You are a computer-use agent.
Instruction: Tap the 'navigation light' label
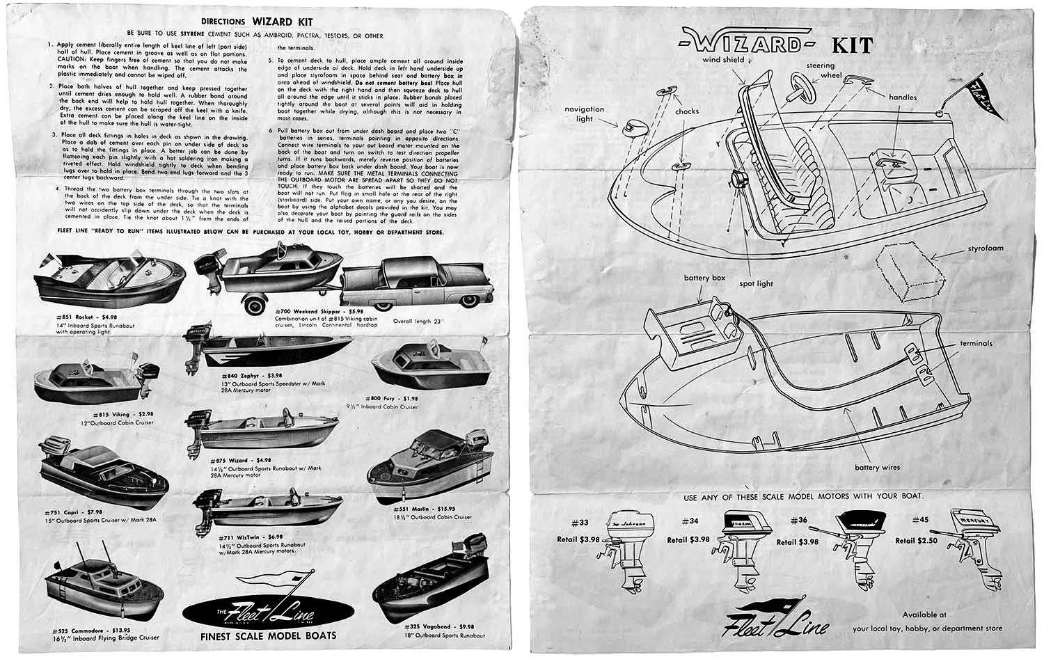pyautogui.click(x=585, y=114)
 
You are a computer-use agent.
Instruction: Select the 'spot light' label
pyautogui.click(x=756, y=284)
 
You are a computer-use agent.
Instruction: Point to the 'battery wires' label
pyautogui.click(x=877, y=468)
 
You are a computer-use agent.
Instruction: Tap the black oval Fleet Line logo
pyautogui.click(x=269, y=615)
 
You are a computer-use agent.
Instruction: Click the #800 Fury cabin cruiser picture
pyautogui.click(x=415, y=367)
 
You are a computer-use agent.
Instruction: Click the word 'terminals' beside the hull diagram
pyautogui.click(x=976, y=343)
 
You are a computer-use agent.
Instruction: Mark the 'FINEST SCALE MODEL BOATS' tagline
pyautogui.click(x=268, y=635)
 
